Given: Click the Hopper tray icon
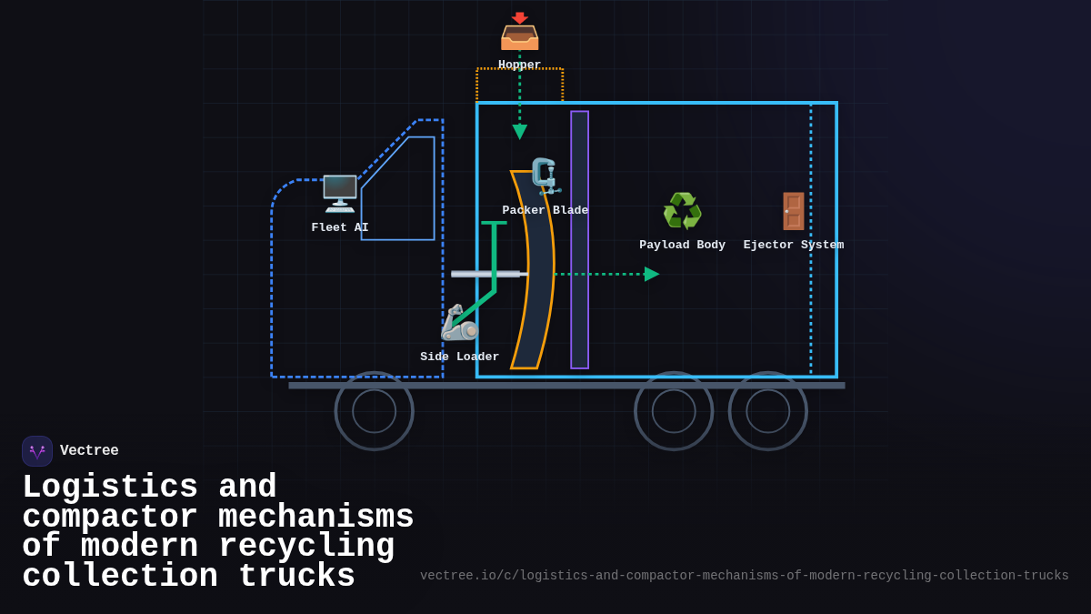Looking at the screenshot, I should tap(519, 32).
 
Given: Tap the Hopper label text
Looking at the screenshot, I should tap(519, 65).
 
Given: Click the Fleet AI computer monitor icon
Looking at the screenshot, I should tap(340, 193).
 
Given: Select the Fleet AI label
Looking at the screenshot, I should tap(340, 227).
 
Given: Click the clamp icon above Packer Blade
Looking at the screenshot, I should tap(545, 176).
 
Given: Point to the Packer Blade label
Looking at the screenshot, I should tap(545, 210).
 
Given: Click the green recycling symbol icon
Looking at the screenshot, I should tap(682, 211).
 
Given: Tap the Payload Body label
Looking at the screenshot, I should tap(682, 245).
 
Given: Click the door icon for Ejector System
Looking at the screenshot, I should tap(794, 211).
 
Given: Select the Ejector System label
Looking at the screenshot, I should tap(794, 245).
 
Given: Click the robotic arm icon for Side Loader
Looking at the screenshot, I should tap(459, 323).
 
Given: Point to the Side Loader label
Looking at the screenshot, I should tap(459, 357).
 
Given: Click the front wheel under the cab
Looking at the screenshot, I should tap(374, 411).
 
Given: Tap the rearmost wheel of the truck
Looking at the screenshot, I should tap(768, 411).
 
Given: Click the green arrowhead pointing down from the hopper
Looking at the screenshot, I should tap(519, 133).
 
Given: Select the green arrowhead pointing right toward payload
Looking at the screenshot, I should tap(651, 274).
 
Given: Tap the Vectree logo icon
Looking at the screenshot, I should tap(37, 451).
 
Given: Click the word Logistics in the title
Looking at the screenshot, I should tap(110, 488).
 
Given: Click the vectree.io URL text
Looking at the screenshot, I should tap(744, 576).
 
